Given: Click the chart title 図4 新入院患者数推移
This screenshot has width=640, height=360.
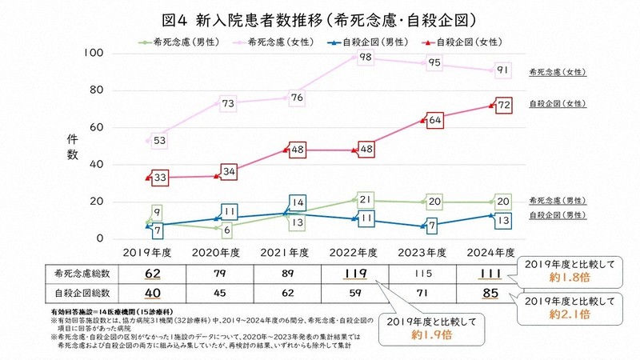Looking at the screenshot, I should [320, 17].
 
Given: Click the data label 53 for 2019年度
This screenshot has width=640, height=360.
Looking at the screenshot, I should [159, 142].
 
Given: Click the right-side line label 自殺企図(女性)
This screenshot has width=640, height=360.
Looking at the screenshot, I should [558, 104].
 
